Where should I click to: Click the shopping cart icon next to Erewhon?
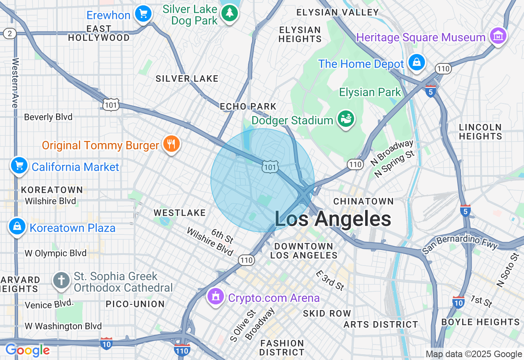click(x=143, y=14)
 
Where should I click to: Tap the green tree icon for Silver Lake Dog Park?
click(x=230, y=13)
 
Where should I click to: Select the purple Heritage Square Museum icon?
click(x=498, y=36)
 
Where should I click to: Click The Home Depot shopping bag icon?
click(x=416, y=63)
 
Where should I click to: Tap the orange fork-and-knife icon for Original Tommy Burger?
click(x=172, y=144)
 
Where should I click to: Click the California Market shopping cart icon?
click(x=19, y=166)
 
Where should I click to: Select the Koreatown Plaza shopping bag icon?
click(x=17, y=226)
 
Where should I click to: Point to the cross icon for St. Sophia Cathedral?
click(x=61, y=281)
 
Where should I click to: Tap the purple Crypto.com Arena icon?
click(x=216, y=296)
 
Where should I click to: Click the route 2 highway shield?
click(x=9, y=34)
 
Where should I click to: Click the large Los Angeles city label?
click(x=332, y=219)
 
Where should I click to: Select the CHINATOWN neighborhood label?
click(x=363, y=201)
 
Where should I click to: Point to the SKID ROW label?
click(x=327, y=313)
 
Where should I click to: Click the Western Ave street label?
click(x=15, y=83)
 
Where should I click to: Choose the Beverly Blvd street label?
click(x=48, y=117)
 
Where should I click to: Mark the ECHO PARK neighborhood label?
click(x=248, y=106)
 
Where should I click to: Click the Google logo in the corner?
click(x=27, y=350)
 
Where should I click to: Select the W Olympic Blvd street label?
click(x=56, y=253)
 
